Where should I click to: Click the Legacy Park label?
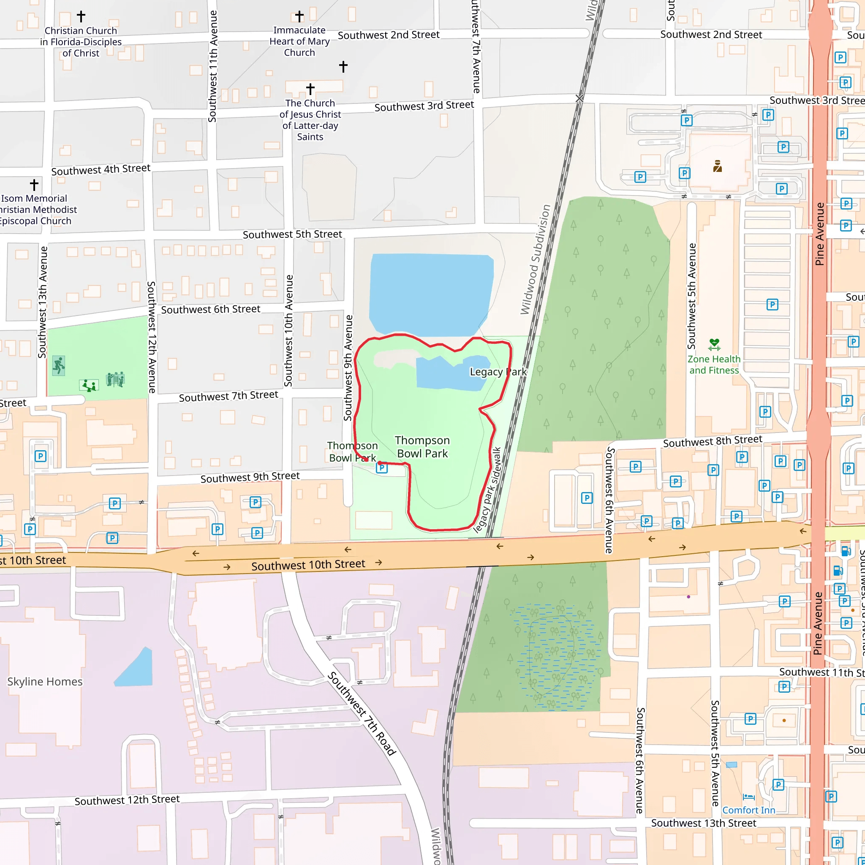[x=498, y=372]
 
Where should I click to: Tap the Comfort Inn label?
[x=748, y=810]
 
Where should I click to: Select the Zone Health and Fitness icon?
[x=714, y=344]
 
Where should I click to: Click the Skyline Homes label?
[x=45, y=681]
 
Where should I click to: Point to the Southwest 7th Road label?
[x=362, y=714]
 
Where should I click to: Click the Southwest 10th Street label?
[x=308, y=565]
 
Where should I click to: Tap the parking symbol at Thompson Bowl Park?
[x=381, y=468]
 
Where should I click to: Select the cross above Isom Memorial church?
[x=34, y=185]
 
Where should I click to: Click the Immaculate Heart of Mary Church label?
[x=299, y=41]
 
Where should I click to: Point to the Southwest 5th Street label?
[x=292, y=234]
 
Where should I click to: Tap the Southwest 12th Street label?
[x=127, y=800]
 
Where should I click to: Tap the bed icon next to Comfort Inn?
[x=748, y=797]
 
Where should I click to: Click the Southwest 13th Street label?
[x=703, y=823]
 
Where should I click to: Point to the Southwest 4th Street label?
[x=101, y=170]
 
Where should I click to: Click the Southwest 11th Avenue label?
[x=213, y=66]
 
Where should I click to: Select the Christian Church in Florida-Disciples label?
[x=81, y=42]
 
